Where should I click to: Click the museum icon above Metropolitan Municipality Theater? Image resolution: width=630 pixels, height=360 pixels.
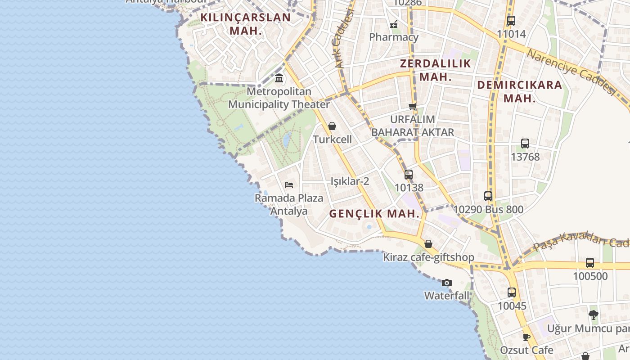point(279,78)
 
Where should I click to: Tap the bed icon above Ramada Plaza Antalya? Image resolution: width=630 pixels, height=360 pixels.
point(289,184)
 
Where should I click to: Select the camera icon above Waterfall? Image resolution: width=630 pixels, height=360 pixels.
point(446,283)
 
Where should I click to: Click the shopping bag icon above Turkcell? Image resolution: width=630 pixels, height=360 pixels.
point(332,126)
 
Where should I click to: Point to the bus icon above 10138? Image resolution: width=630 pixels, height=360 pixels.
point(408,174)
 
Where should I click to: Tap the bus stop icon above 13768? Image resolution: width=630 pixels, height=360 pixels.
point(525,144)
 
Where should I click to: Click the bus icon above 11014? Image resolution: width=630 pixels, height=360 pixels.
point(511,20)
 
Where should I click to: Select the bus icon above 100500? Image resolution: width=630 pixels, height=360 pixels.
point(589,263)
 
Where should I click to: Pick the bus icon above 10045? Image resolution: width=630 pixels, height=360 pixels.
point(512,292)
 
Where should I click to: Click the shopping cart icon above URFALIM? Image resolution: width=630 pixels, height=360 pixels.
point(412,106)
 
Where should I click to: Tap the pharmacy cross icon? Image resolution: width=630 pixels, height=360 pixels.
point(394,24)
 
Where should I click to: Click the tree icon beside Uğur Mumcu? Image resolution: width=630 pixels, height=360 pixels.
point(594,315)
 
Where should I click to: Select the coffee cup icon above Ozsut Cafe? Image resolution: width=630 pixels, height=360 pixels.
point(526,337)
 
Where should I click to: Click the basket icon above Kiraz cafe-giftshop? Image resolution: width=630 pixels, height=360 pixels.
point(428,244)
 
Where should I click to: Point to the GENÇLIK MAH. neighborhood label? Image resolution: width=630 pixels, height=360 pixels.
point(374,214)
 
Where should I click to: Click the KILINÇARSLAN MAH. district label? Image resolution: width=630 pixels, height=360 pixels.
point(245,24)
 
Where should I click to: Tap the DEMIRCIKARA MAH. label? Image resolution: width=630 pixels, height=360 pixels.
point(519,91)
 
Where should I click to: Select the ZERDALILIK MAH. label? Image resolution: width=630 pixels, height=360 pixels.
point(435,70)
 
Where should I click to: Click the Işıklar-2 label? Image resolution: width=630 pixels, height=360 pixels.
point(350,181)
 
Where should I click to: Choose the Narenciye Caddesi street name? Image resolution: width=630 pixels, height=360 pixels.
point(570,72)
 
